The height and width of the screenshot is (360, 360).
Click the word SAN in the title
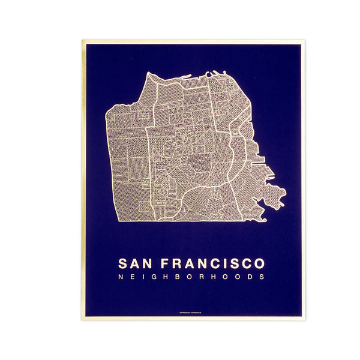135,263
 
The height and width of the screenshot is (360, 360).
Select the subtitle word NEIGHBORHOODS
191,277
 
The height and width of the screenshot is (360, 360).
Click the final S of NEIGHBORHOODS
262,277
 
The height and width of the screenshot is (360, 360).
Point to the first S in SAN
124,263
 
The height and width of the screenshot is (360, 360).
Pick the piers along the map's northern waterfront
210,75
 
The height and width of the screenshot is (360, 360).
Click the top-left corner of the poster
82,41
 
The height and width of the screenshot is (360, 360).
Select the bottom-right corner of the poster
304,319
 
